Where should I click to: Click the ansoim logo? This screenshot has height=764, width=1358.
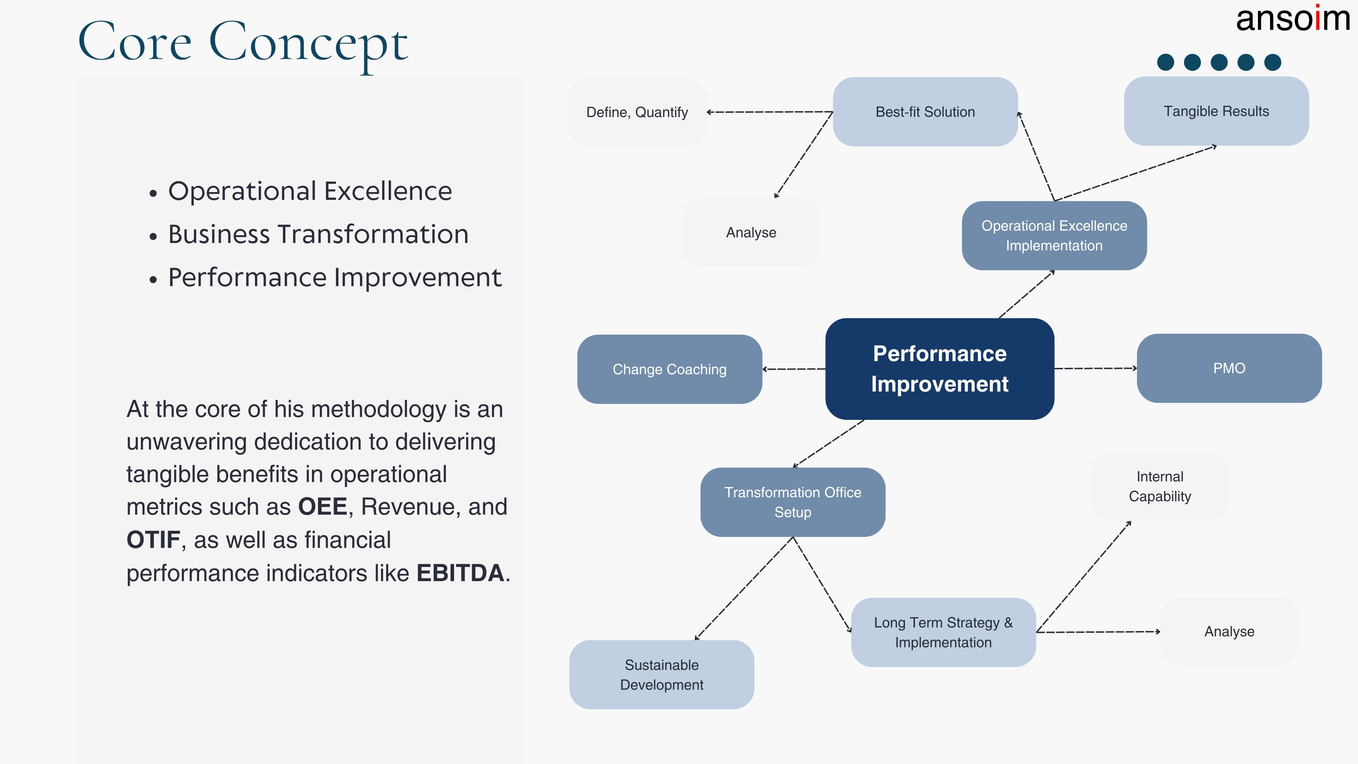pos(1292,19)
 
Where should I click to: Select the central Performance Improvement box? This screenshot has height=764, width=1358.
pos(939,369)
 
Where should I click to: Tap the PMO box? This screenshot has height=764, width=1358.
pos(1229,368)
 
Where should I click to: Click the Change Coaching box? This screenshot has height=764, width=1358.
pos(669,369)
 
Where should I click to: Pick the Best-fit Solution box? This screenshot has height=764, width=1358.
pos(925,112)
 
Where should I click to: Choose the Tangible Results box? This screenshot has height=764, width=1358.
pos(1216,111)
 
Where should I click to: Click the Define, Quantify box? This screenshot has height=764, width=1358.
pos(637,112)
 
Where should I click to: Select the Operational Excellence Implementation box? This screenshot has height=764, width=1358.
pos(1054,236)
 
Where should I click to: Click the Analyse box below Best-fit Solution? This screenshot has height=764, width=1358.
pos(751,232)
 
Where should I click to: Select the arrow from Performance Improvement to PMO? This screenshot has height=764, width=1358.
pos(1096,368)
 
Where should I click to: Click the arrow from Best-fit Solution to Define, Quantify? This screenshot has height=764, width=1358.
pos(770,112)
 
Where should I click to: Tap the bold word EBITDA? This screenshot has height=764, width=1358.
pos(460,573)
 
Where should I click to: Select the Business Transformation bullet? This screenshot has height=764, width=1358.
pos(318,234)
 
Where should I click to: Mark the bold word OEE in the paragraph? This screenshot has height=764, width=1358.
pos(322,507)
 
